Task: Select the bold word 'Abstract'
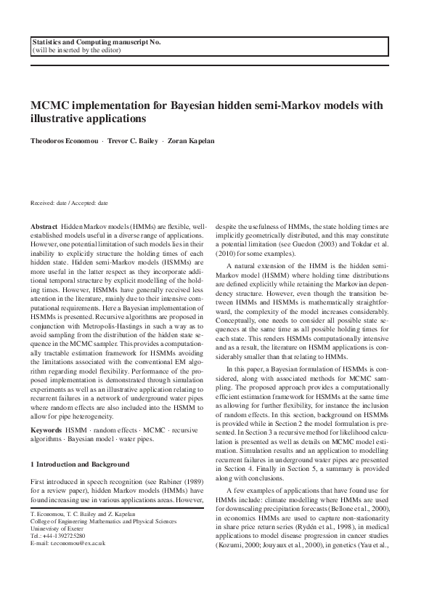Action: pos(44,228)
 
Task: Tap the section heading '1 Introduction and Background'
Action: pos(80,464)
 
